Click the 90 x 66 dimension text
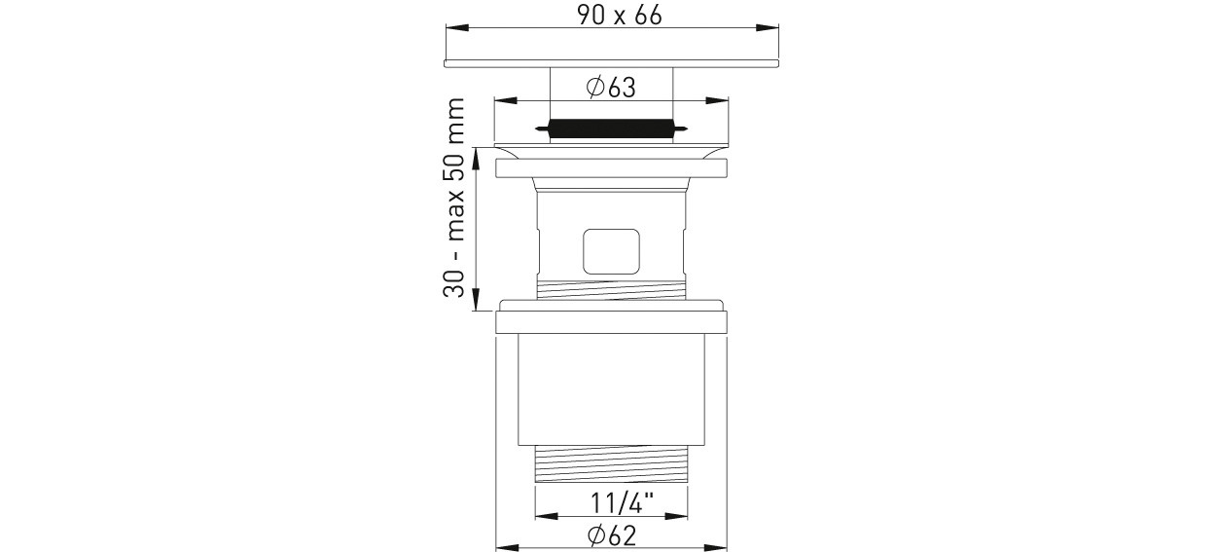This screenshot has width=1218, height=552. coord(620,15)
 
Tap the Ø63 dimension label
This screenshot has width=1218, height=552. coord(611,87)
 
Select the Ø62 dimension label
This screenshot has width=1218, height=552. coord(612,535)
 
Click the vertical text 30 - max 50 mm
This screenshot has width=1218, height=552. coord(454,197)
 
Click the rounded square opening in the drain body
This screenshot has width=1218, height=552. coord(611,251)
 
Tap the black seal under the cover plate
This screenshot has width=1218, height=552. coord(612,129)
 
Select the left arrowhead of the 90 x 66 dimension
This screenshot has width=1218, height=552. coord(457,27)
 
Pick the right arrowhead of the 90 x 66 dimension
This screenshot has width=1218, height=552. coord(768,27)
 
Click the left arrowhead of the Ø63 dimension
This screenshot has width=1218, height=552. coord(505,100)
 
